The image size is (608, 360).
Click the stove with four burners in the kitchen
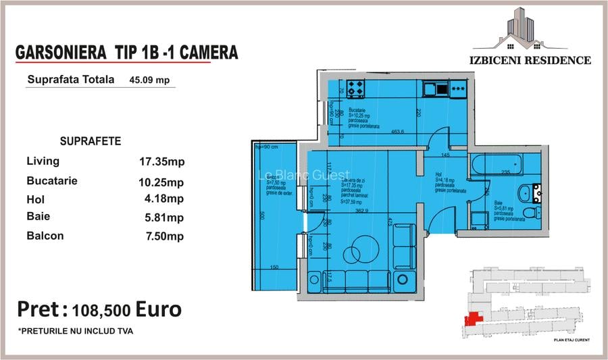click(357, 88)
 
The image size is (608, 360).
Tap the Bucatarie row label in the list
click(52, 181)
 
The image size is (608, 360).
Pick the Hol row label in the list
click(35, 199)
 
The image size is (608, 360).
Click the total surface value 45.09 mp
click(149, 79)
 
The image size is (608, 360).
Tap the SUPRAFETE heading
click(91, 141)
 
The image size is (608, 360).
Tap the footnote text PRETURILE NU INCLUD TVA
click(76, 331)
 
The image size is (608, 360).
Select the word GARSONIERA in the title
click(61, 52)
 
